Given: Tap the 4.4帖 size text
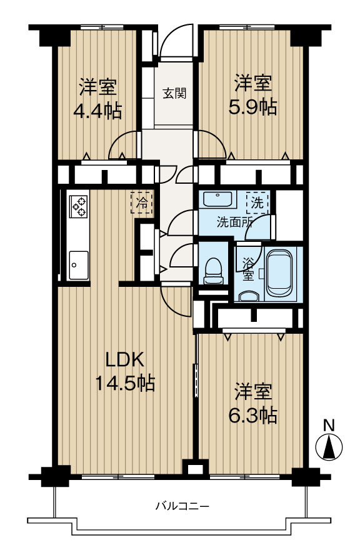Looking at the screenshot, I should [x=97, y=111].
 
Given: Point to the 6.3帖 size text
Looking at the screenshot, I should [x=253, y=415].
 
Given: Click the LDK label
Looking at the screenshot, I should [x=124, y=359].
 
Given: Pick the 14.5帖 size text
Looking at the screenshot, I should [x=124, y=382].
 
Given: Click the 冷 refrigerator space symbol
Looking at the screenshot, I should [x=141, y=202].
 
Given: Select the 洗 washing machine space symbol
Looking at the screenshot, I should [x=257, y=202].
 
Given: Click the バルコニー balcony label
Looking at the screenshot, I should [x=182, y=506].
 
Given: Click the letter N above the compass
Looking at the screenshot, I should [x=328, y=425].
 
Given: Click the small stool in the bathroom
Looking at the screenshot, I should [x=249, y=296].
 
